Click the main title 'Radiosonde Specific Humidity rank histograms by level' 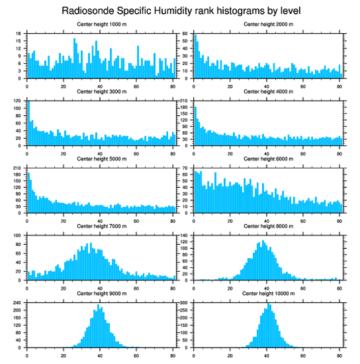point(180,10)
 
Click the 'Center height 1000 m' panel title point(102,24)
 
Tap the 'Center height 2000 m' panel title point(269,24)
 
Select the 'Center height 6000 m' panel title point(269,159)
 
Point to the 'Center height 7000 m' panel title point(102,226)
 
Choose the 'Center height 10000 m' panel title point(269,293)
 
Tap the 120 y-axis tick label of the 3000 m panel point(18,101)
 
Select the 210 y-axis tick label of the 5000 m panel point(18,168)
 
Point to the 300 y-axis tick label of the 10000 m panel point(185,303)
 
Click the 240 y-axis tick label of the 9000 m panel point(18,303)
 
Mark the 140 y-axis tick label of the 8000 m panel point(185,235)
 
